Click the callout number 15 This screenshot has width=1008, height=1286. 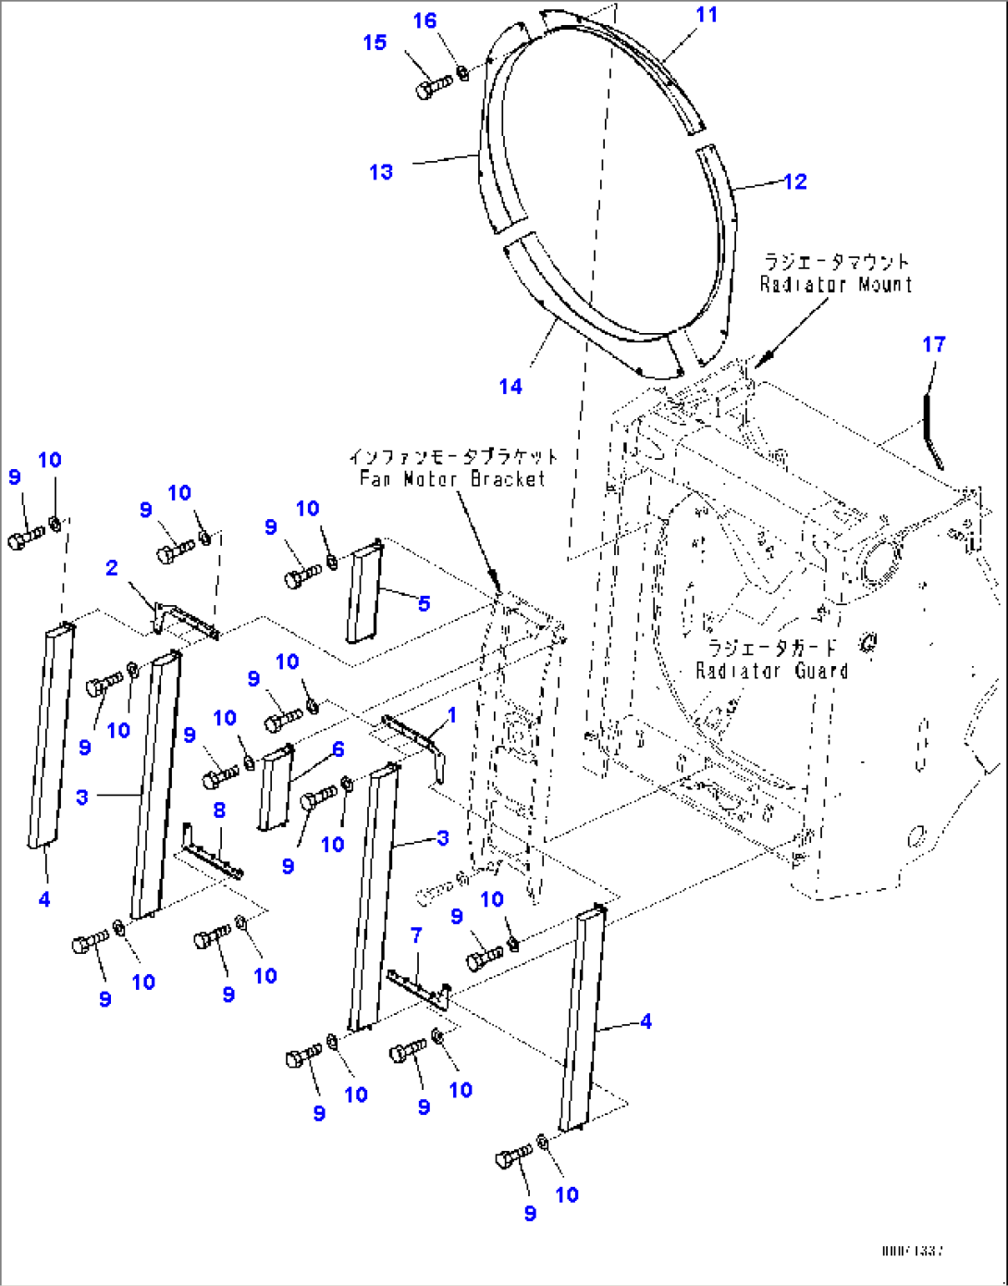click(375, 43)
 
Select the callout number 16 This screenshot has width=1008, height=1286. click(424, 21)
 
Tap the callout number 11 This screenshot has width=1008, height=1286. click(707, 15)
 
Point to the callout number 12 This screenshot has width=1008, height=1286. click(795, 181)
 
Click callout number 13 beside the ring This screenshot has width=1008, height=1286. click(381, 172)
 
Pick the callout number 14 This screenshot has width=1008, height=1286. click(510, 387)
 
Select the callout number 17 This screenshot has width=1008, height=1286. click(934, 345)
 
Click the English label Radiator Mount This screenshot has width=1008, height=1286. click(835, 285)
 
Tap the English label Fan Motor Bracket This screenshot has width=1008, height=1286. click(452, 479)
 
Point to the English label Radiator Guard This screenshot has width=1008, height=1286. click(771, 671)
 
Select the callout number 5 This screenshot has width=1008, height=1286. click(424, 604)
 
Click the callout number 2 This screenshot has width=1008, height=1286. click(112, 568)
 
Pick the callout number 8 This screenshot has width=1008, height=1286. click(219, 810)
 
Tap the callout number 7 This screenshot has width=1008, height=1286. click(416, 935)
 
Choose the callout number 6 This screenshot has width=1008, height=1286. click(338, 749)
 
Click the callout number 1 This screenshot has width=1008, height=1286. click(452, 715)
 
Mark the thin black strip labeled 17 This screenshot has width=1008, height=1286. click(931, 428)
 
